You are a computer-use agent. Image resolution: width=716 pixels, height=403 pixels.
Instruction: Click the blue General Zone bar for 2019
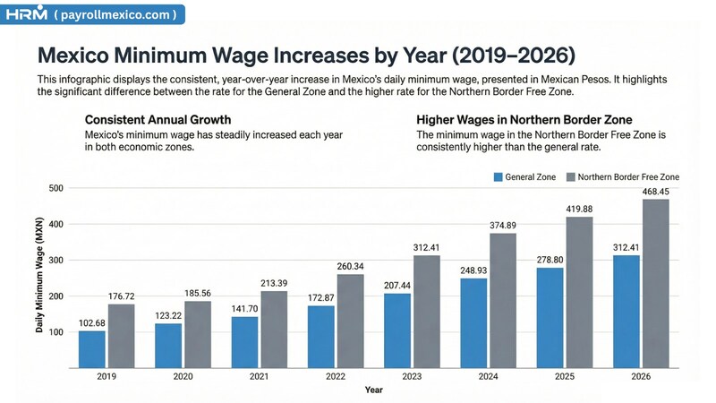[91, 349]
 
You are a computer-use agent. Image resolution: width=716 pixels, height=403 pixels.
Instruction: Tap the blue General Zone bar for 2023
[397, 330]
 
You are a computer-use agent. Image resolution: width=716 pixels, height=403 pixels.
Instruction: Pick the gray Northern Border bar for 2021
[274, 329]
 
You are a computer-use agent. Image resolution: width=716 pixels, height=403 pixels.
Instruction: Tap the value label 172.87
[321, 298]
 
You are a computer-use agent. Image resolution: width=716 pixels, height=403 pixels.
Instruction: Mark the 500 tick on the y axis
[56, 188]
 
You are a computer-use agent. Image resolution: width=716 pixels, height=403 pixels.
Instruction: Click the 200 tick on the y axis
[56, 296]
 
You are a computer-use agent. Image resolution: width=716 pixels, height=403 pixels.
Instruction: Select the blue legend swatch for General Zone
[499, 177]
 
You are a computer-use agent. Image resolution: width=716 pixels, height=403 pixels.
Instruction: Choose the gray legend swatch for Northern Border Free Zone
[571, 177]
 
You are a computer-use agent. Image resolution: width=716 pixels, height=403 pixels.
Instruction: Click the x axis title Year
[375, 390]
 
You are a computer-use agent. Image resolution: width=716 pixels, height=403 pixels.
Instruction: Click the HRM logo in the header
[26, 14]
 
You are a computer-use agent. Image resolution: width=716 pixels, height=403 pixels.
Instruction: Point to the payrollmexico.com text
[116, 14]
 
